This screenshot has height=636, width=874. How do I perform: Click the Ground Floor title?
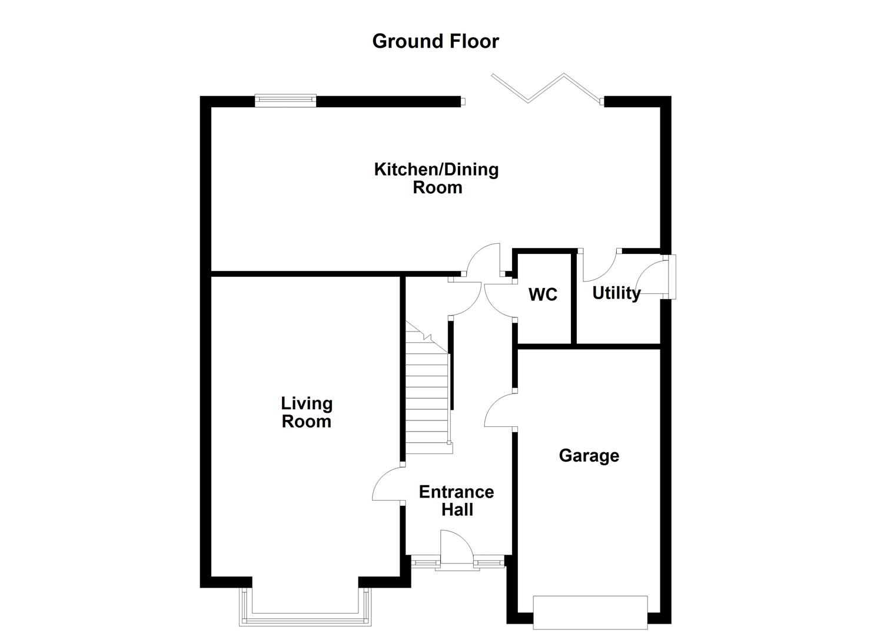(436, 41)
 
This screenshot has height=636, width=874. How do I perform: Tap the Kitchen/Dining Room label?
(437, 178)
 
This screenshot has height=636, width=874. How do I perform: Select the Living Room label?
(306, 412)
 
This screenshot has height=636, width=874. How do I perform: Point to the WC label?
(543, 294)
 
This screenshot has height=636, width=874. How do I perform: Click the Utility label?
(616, 293)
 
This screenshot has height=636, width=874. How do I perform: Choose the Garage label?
(589, 455)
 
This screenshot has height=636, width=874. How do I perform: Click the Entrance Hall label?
(456, 501)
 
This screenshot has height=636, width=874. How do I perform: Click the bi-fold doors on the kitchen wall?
(546, 88)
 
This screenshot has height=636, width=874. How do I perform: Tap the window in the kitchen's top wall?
(285, 101)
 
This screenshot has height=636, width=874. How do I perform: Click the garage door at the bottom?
(590, 611)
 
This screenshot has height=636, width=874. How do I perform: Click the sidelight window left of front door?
(422, 563)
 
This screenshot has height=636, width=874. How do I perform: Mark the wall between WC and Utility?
(574, 297)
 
